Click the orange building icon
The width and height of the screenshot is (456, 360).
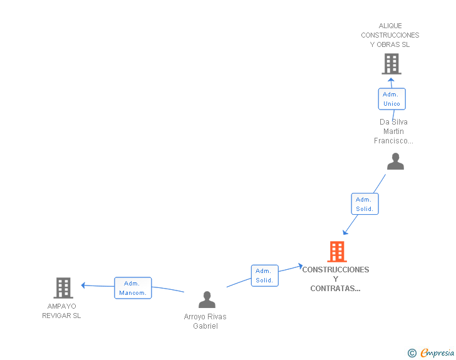(337, 252)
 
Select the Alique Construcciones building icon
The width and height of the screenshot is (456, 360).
(391, 64)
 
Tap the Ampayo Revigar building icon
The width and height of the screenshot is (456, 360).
(63, 288)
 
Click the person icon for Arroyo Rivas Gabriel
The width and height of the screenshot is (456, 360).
(207, 300)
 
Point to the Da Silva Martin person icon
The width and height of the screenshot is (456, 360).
(395, 162)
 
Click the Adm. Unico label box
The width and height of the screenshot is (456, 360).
(391, 99)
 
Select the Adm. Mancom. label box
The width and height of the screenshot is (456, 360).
(133, 288)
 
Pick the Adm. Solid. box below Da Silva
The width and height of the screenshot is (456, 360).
(364, 204)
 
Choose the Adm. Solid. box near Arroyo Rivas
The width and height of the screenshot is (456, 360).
(264, 275)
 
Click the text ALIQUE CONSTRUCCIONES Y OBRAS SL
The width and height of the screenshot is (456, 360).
(390, 35)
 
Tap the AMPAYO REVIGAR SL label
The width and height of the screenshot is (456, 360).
(61, 311)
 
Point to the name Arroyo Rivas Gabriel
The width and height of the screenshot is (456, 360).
(205, 321)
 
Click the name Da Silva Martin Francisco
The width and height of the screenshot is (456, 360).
(393, 131)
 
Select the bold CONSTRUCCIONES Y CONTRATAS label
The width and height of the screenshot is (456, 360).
(336, 279)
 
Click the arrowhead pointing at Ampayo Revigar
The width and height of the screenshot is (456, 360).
(84, 285)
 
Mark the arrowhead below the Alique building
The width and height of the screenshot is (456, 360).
(391, 80)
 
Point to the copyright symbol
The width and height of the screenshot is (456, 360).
(412, 353)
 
